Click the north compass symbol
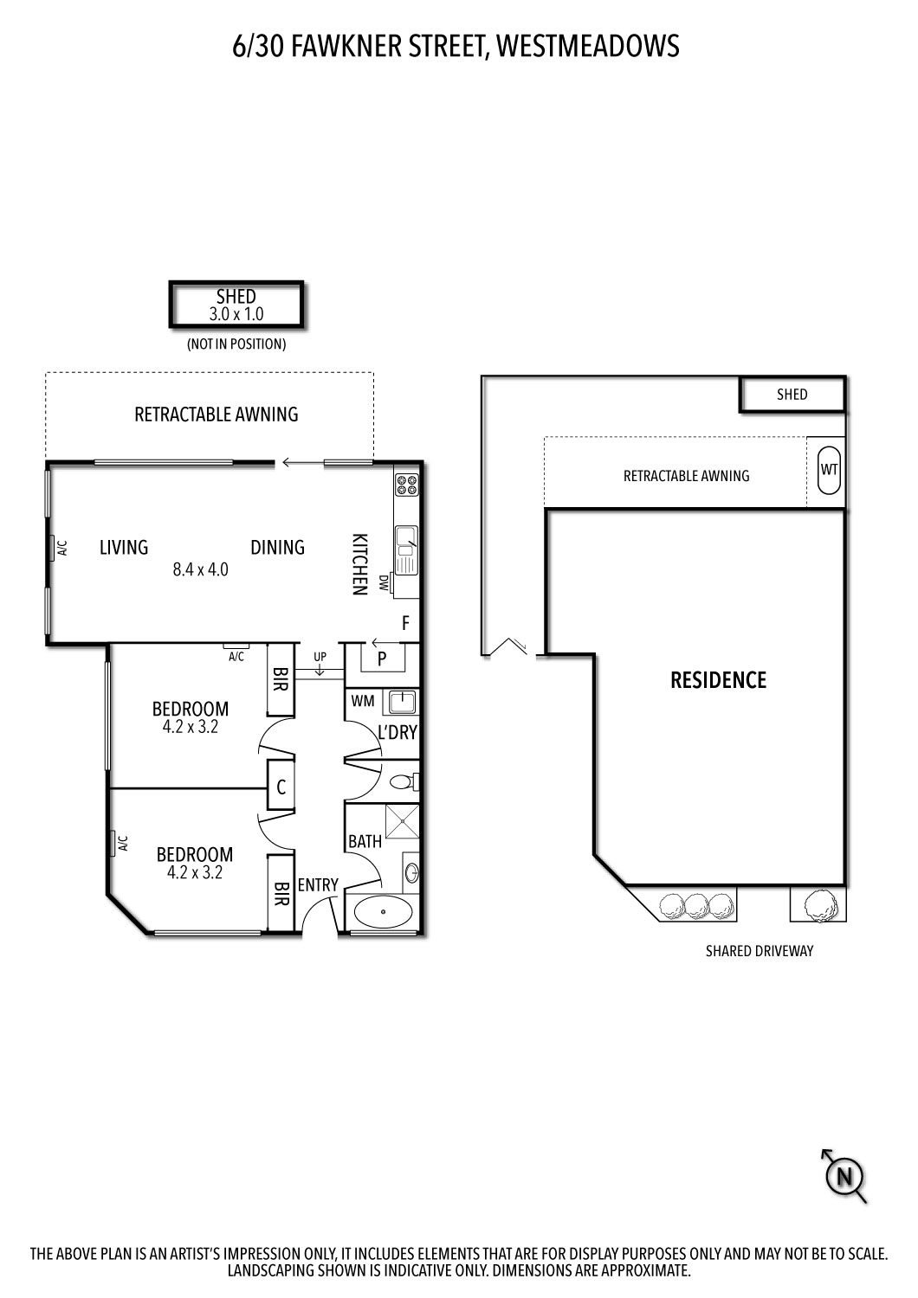click(844, 1177)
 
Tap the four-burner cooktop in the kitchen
click(406, 485)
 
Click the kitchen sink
click(406, 549)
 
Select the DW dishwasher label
click(383, 582)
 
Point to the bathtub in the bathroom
click(383, 911)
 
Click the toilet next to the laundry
click(404, 781)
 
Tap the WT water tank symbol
click(830, 469)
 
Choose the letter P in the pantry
click(382, 659)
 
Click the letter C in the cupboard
click(281, 787)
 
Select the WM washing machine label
click(363, 701)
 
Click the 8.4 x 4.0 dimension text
click(201, 569)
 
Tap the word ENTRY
click(318, 885)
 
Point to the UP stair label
click(320, 657)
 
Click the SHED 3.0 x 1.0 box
click(236, 305)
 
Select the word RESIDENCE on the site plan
click(719, 680)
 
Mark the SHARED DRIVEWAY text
click(760, 951)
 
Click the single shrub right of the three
click(818, 905)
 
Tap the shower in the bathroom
click(402, 821)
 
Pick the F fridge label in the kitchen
click(406, 624)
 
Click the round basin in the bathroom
click(411, 872)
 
